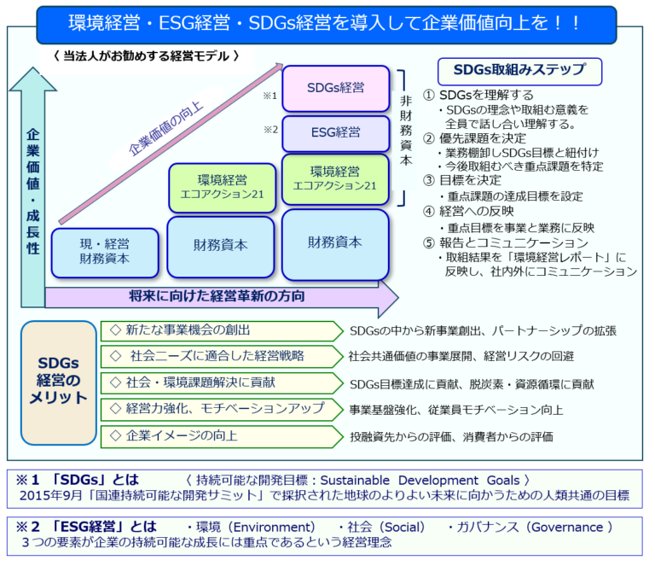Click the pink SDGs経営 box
click(335, 89)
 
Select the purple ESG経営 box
click(335, 133)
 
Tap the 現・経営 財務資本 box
click(105, 251)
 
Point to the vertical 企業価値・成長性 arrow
click(32, 188)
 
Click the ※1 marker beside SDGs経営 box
click(270, 96)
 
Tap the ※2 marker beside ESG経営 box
click(270, 130)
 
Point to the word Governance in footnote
click(565, 527)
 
